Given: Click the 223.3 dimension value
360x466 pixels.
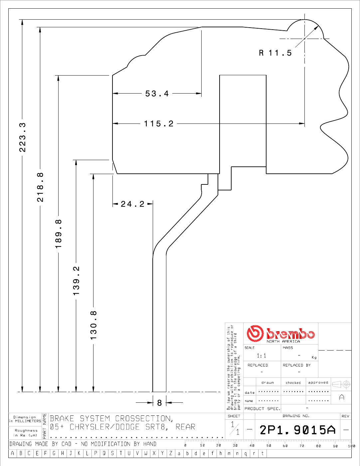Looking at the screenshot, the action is [22, 137].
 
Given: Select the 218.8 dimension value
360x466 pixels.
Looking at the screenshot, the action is [40, 187].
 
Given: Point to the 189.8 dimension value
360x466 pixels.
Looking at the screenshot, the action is [58, 234].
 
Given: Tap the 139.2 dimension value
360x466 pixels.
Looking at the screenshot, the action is [76, 281].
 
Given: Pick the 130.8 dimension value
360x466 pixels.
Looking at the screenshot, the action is [93, 325].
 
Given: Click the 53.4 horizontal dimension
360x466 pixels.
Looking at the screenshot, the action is [157, 94].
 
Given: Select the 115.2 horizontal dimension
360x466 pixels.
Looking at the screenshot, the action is [159, 124].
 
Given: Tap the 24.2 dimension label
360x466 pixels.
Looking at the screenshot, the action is [133, 204].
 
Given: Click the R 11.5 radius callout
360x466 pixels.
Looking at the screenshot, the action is [275, 53].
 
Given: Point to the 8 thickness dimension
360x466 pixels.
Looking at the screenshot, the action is [159, 403].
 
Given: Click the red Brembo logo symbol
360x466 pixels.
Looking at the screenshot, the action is [255, 334].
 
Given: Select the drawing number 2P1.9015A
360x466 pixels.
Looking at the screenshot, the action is [297, 430].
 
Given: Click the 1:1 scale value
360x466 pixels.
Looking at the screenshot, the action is [262, 356].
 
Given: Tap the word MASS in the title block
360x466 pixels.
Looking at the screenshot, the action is [288, 348].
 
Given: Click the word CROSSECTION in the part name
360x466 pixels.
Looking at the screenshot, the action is [144, 419].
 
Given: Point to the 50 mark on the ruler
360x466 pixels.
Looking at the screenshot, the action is [269, 446].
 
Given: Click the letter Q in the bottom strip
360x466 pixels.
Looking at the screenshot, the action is [104, 453].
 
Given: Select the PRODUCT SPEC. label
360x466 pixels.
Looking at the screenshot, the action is [263, 409].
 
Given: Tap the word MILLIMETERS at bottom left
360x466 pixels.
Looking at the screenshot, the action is [28, 421].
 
